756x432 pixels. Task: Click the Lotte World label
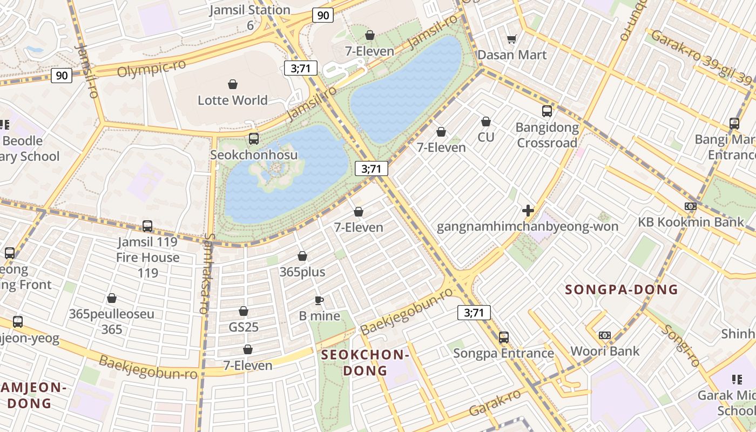click(232, 100)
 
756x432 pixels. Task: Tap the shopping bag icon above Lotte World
click(233, 84)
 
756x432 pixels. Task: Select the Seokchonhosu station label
click(253, 155)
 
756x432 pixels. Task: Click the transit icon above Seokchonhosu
click(254, 139)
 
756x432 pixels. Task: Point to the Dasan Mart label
click(512, 55)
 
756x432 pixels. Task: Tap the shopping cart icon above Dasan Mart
click(512, 39)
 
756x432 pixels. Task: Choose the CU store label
click(485, 137)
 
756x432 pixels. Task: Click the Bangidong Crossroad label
click(547, 135)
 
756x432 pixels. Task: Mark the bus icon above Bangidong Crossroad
click(547, 111)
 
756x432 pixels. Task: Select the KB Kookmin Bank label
click(691, 222)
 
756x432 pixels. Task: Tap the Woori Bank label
click(605, 351)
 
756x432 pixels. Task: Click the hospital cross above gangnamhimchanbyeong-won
click(528, 211)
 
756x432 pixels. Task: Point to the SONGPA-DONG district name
click(621, 289)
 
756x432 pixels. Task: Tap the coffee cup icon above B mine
click(319, 300)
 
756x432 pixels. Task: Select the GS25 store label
click(244, 327)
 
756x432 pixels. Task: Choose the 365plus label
click(302, 272)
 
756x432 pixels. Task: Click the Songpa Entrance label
click(503, 353)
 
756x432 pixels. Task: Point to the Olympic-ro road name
click(151, 68)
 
